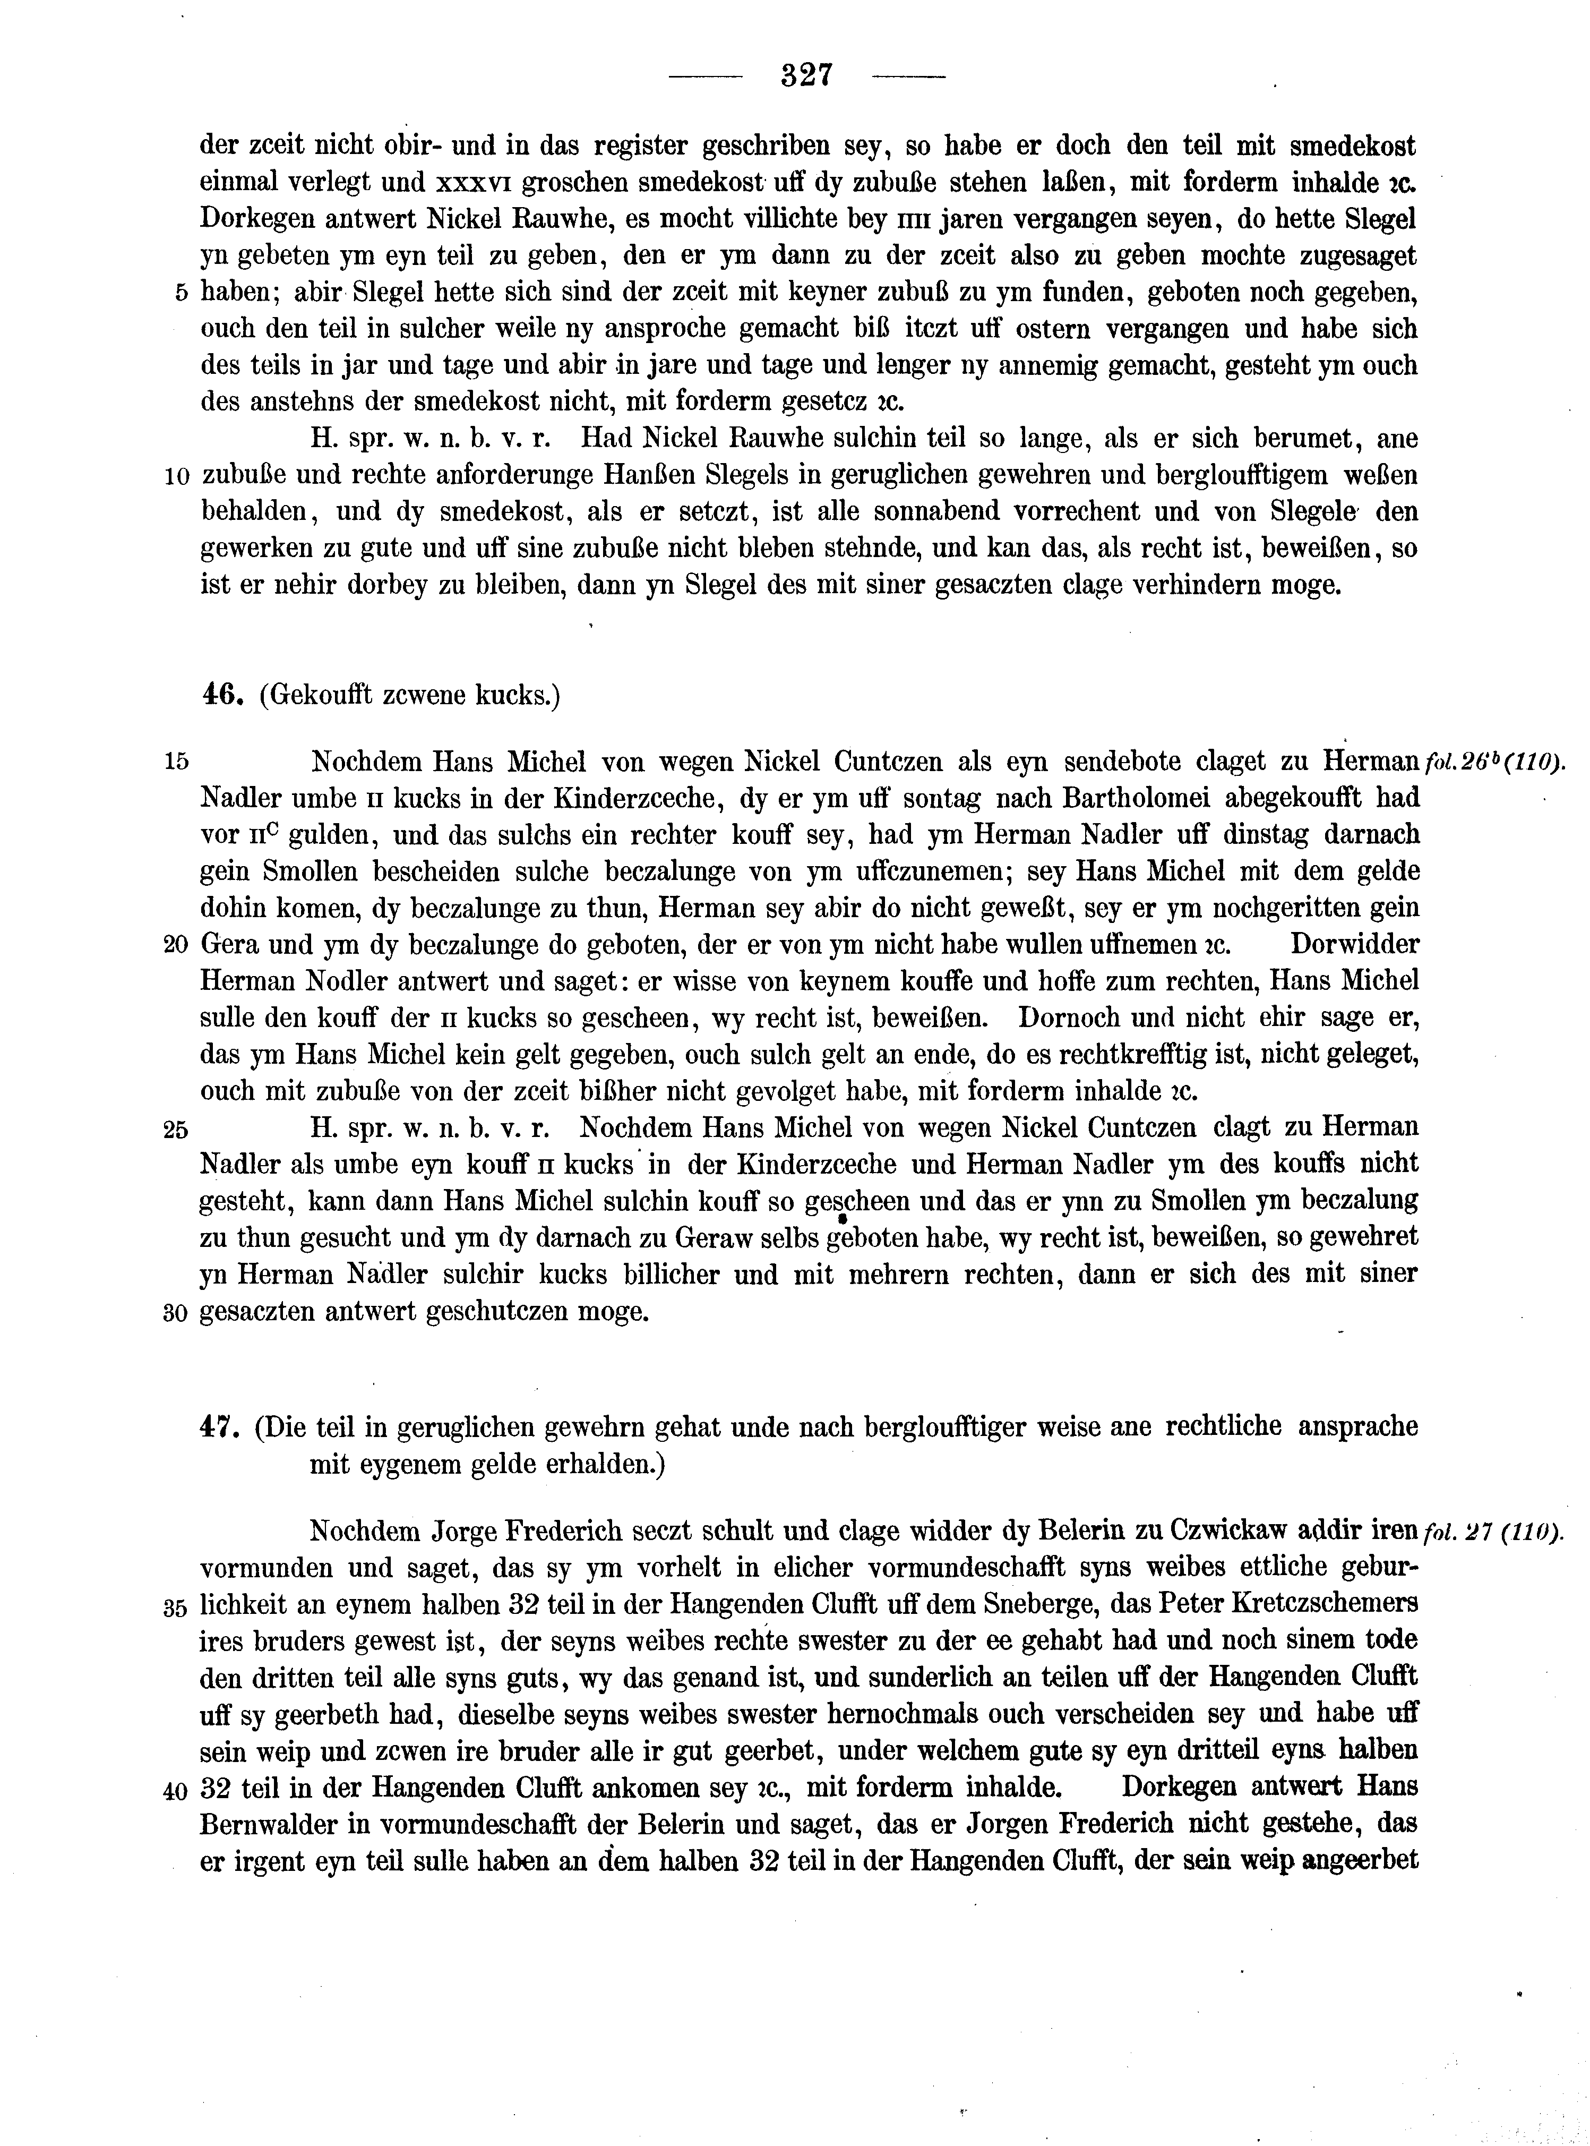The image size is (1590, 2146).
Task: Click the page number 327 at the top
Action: (x=806, y=75)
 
